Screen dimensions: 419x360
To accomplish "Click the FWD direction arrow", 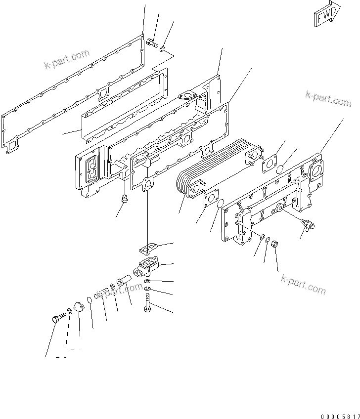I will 327,14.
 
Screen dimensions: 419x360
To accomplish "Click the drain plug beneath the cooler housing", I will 125,200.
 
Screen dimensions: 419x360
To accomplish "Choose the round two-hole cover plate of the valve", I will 78,307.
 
